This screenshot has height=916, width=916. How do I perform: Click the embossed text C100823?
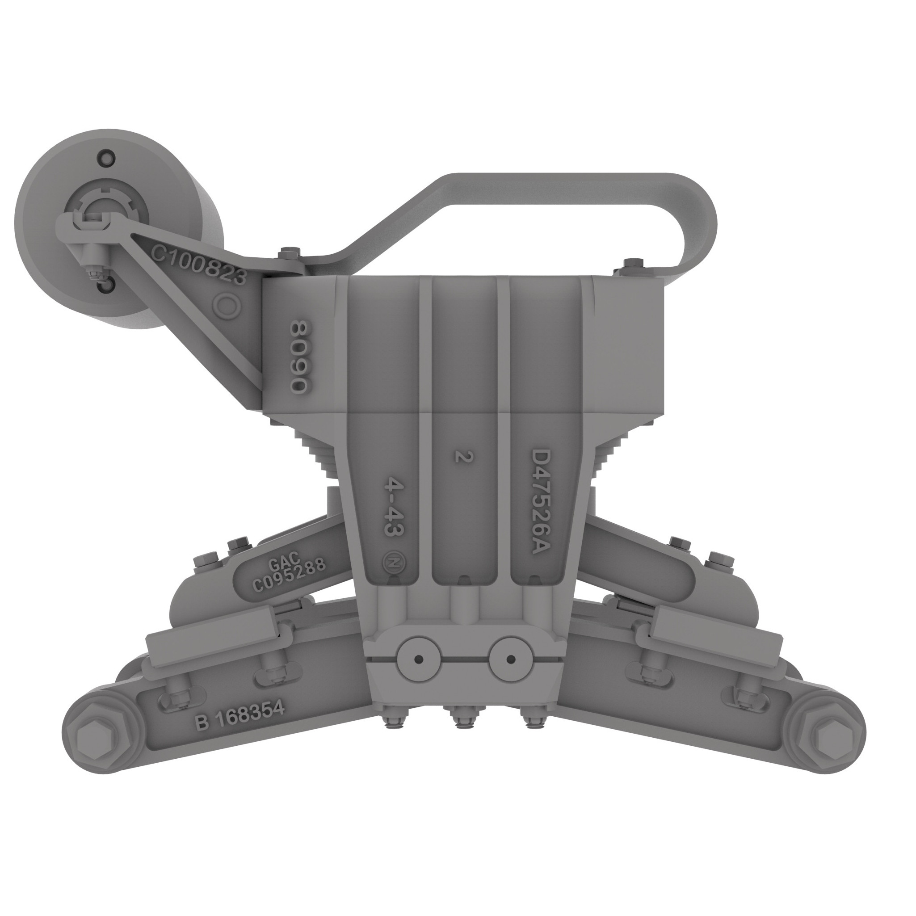pyautogui.click(x=199, y=265)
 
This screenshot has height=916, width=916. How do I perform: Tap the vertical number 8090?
pyautogui.click(x=300, y=357)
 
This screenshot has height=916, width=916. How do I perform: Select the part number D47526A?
pyautogui.click(x=540, y=503)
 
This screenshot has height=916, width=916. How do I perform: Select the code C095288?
pyautogui.click(x=289, y=575)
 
